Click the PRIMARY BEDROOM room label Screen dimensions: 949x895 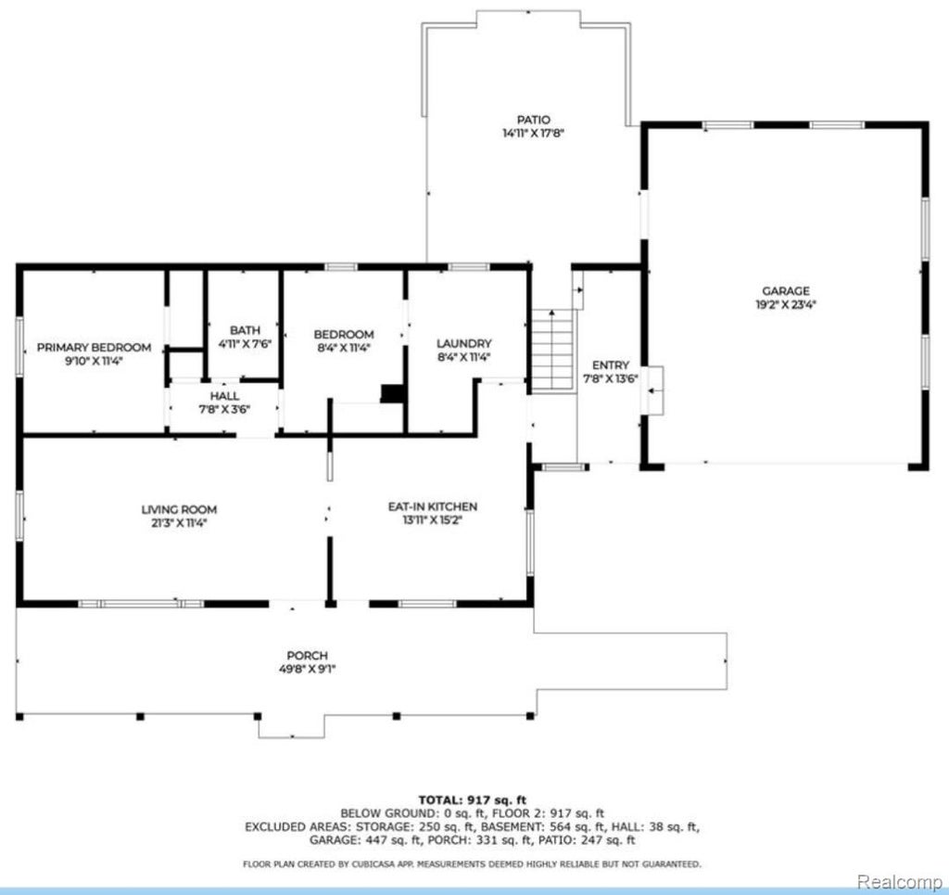[94, 348]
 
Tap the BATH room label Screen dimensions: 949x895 [245, 330]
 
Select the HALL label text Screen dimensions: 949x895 [224, 396]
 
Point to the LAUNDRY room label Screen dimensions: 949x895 [464, 344]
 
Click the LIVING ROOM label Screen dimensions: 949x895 [179, 510]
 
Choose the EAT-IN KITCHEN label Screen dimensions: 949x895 [433, 506]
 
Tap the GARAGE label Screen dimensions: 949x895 [786, 291]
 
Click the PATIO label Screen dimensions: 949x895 [534, 120]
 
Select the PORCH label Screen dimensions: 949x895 [308, 656]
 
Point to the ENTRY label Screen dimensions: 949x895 [611, 365]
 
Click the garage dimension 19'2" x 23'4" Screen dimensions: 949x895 [786, 305]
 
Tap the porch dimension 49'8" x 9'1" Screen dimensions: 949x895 [308, 670]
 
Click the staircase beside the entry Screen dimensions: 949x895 [552, 352]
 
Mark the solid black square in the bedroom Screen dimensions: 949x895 [393, 393]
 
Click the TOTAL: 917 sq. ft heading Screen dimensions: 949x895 [473, 800]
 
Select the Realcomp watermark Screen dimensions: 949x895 [899, 882]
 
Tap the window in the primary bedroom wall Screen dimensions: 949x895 [19, 346]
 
